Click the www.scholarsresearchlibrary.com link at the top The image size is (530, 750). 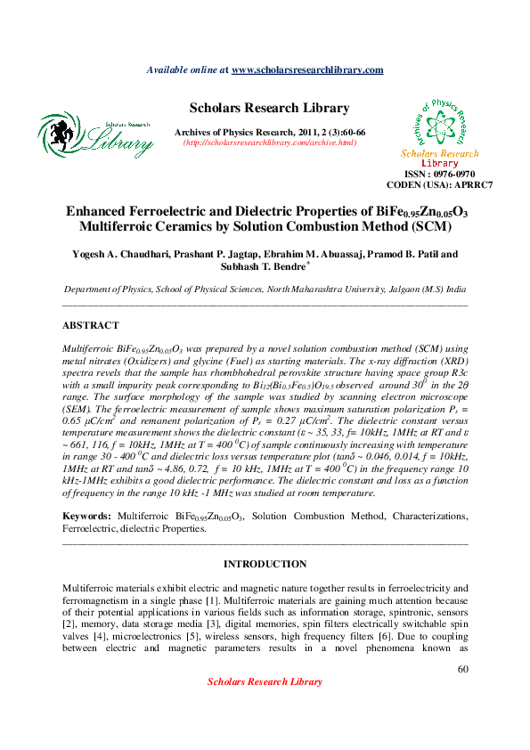click(307, 69)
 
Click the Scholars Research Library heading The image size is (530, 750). click(269, 108)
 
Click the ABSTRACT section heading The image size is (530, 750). click(91, 326)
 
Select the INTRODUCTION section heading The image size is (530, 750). click(265, 565)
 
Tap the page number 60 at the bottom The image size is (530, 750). click(462, 669)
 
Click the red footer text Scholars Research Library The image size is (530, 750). click(265, 681)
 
